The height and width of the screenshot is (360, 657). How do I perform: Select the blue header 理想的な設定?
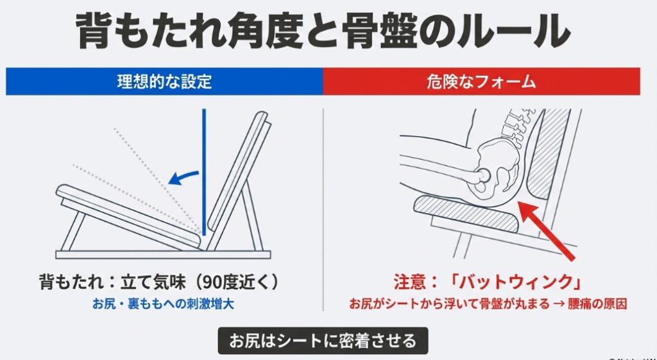(164, 82)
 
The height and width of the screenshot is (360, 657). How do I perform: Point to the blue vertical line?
(203, 167)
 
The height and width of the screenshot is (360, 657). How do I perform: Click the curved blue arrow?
(182, 175)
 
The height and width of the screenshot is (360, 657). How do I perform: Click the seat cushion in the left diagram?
(128, 212)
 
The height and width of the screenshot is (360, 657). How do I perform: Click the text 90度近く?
(237, 282)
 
